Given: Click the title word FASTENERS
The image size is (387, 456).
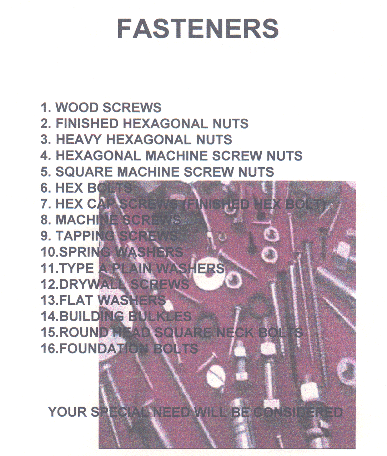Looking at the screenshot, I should point(197,29).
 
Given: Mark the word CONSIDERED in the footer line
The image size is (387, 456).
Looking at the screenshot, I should point(298,412).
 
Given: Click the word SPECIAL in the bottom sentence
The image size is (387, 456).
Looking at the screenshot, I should point(119,412).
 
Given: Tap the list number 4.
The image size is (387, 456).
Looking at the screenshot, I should point(44,156).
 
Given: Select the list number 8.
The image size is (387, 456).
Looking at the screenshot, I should point(44,220).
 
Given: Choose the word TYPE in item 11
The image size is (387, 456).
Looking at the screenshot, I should point(76,268).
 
